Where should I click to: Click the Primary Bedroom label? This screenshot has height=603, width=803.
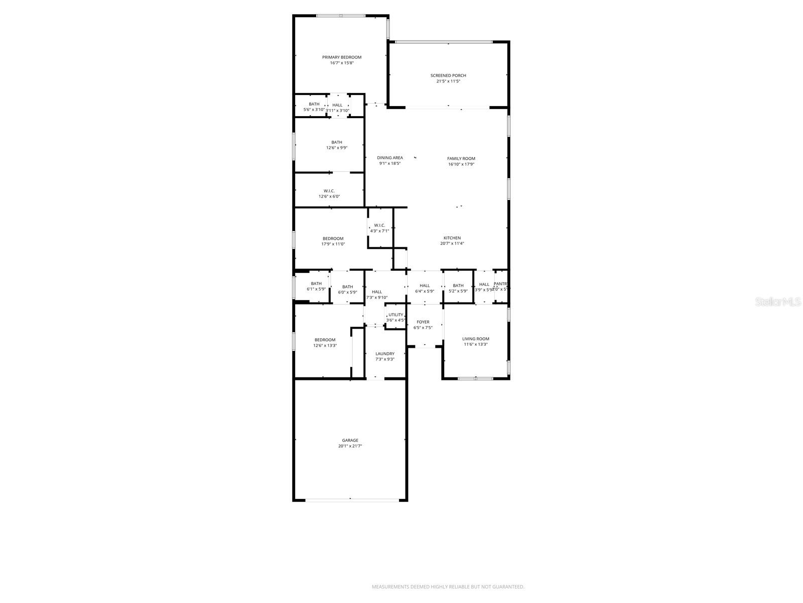[342, 57]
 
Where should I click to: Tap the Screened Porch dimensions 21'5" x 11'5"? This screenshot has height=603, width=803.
[448, 81]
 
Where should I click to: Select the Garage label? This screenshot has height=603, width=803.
[350, 440]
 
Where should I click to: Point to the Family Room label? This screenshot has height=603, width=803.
[461, 158]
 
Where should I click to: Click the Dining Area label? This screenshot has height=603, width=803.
[390, 158]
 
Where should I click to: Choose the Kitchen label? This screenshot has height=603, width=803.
[452, 238]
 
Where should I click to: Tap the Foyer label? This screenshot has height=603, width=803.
[423, 322]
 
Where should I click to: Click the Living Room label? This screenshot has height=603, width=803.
[476, 339]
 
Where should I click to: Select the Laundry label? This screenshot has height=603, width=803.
[385, 354]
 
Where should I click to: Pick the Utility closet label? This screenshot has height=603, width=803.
[395, 315]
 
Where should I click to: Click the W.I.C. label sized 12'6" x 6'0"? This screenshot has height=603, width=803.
[329, 191]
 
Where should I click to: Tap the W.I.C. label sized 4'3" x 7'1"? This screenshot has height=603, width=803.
[379, 225]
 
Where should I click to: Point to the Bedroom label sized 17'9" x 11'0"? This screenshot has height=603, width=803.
[333, 238]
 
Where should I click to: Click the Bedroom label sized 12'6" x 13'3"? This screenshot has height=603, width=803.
[325, 340]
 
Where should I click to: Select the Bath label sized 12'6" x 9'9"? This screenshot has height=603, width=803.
[337, 142]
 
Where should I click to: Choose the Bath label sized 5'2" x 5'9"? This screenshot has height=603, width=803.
[458, 285]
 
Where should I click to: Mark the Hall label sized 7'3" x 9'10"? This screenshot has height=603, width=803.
[377, 291]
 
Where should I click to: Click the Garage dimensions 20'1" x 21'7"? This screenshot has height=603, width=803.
[350, 446]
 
